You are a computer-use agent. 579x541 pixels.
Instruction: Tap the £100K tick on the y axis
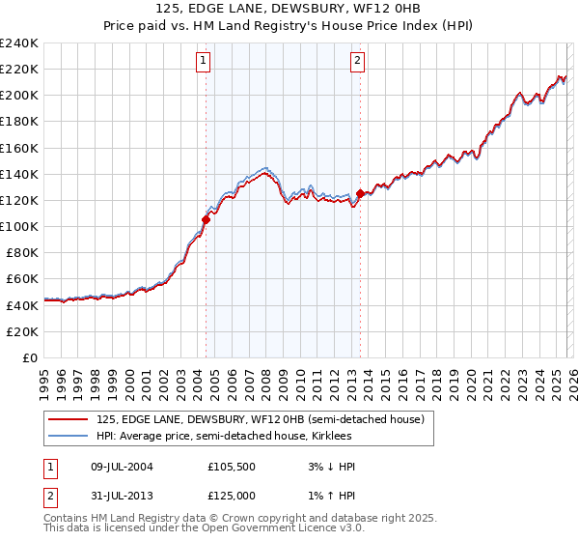click(x=18, y=226)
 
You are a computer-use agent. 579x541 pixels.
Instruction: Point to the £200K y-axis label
click(x=18, y=96)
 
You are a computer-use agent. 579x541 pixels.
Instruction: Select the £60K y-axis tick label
click(x=21, y=278)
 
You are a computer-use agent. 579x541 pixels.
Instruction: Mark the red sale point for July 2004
click(x=206, y=219)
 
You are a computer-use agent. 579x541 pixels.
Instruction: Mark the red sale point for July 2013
click(x=360, y=193)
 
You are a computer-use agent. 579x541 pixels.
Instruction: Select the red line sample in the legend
click(x=69, y=419)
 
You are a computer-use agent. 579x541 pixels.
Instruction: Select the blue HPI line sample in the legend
click(x=69, y=437)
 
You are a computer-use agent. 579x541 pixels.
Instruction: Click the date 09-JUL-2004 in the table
click(x=121, y=466)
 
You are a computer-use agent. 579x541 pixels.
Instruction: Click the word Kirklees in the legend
click(x=331, y=437)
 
